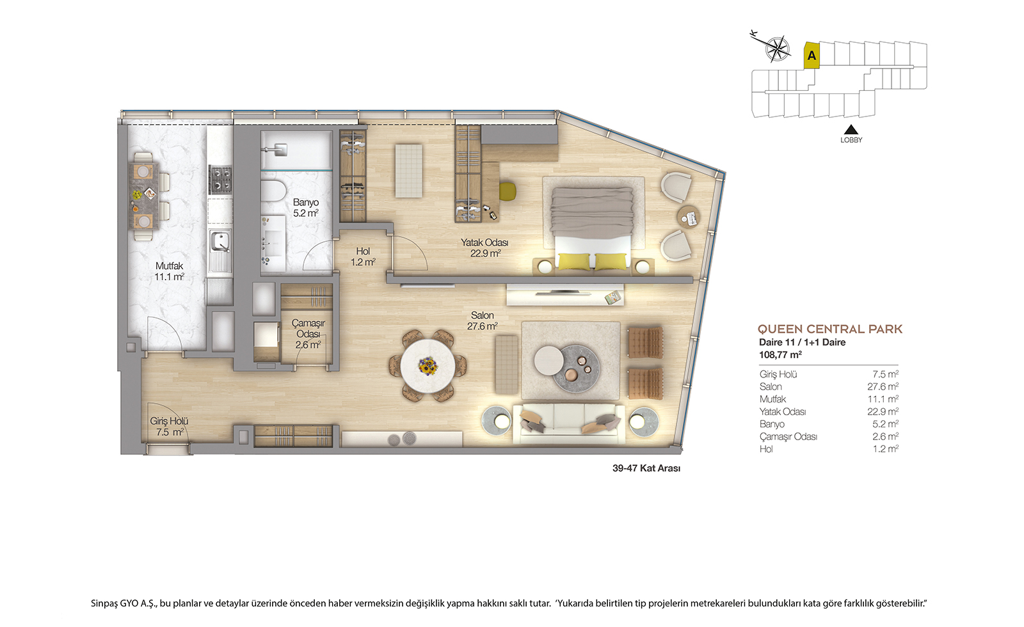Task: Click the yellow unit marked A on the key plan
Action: pyautogui.click(x=812, y=55)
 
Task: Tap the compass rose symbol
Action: pyautogui.click(x=777, y=49)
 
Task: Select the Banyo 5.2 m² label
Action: pyautogui.click(x=306, y=207)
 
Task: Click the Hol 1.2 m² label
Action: pyautogui.click(x=363, y=257)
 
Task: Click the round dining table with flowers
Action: pyautogui.click(x=428, y=365)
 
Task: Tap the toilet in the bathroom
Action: pyautogui.click(x=273, y=191)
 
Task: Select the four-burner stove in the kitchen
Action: pyautogui.click(x=220, y=179)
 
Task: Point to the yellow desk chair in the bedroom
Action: pyautogui.click(x=508, y=191)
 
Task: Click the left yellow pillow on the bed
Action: pyautogui.click(x=573, y=261)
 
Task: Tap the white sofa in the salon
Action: pyautogui.click(x=569, y=423)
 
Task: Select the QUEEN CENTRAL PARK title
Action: pyautogui.click(x=829, y=329)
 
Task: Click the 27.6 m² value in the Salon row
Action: pyautogui.click(x=883, y=386)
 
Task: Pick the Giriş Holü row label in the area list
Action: pyautogui.click(x=778, y=374)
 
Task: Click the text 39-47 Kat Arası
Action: pyautogui.click(x=646, y=468)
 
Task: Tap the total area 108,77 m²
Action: pyautogui.click(x=780, y=354)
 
